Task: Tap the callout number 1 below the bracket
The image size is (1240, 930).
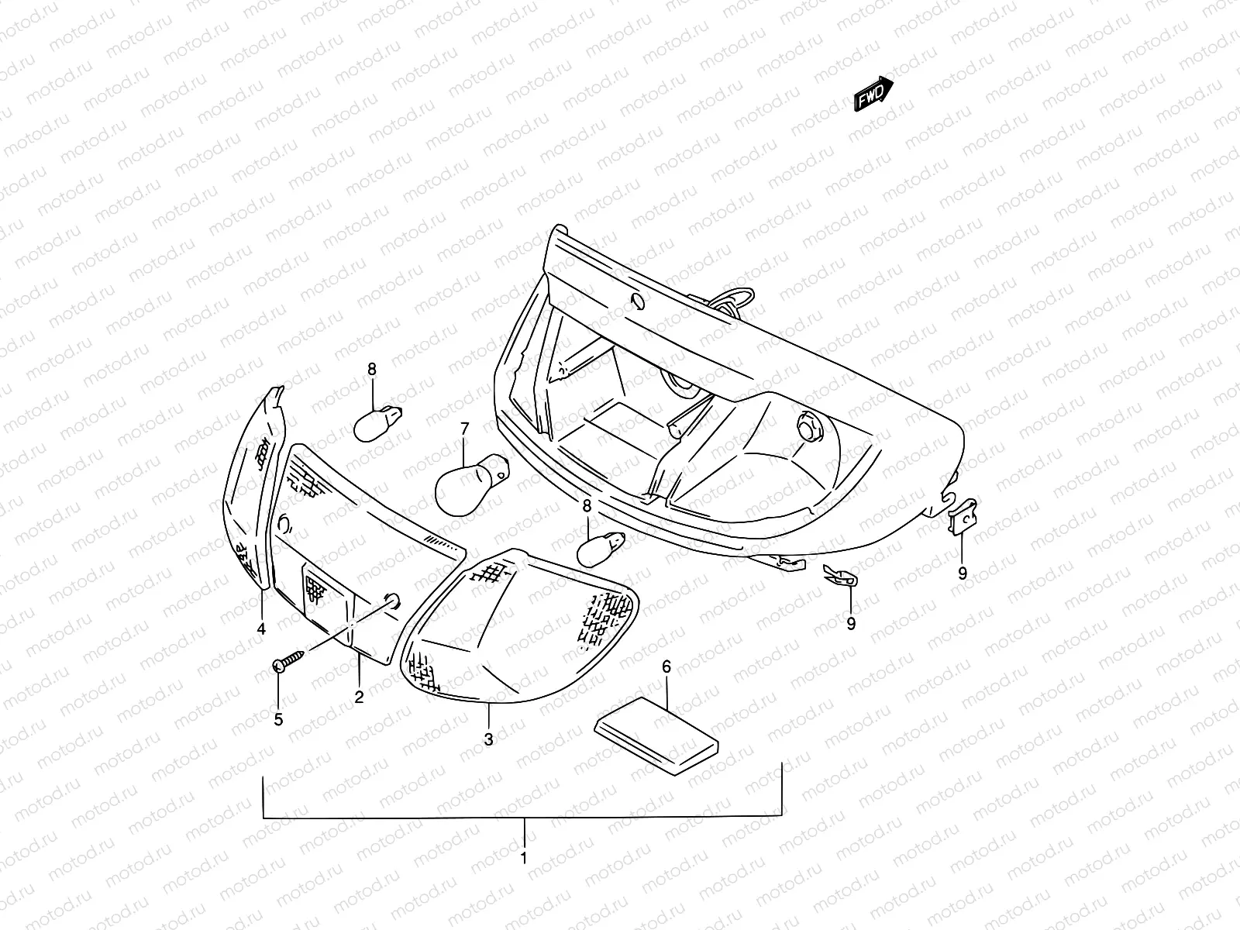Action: (x=524, y=858)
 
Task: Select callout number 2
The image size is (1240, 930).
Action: (x=359, y=697)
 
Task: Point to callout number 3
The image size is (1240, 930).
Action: (x=488, y=739)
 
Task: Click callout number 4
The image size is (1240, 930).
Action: (x=261, y=629)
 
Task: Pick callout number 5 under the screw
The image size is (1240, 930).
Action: (x=278, y=719)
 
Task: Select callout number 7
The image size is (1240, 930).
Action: (x=465, y=429)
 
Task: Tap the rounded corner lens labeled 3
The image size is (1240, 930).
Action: (x=519, y=628)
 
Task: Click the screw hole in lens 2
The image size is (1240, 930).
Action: (x=392, y=601)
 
